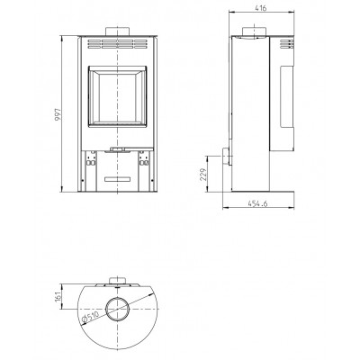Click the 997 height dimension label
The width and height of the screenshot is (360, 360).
58,114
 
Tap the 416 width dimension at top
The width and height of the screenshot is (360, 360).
261,8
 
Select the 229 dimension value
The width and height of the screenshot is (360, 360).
203,174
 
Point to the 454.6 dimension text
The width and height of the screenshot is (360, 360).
257,203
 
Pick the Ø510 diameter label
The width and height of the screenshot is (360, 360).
90,317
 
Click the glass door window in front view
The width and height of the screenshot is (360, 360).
117,96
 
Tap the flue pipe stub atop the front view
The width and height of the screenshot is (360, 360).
117,31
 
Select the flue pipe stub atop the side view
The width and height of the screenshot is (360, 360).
254,31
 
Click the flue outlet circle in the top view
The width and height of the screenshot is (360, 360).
118,309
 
